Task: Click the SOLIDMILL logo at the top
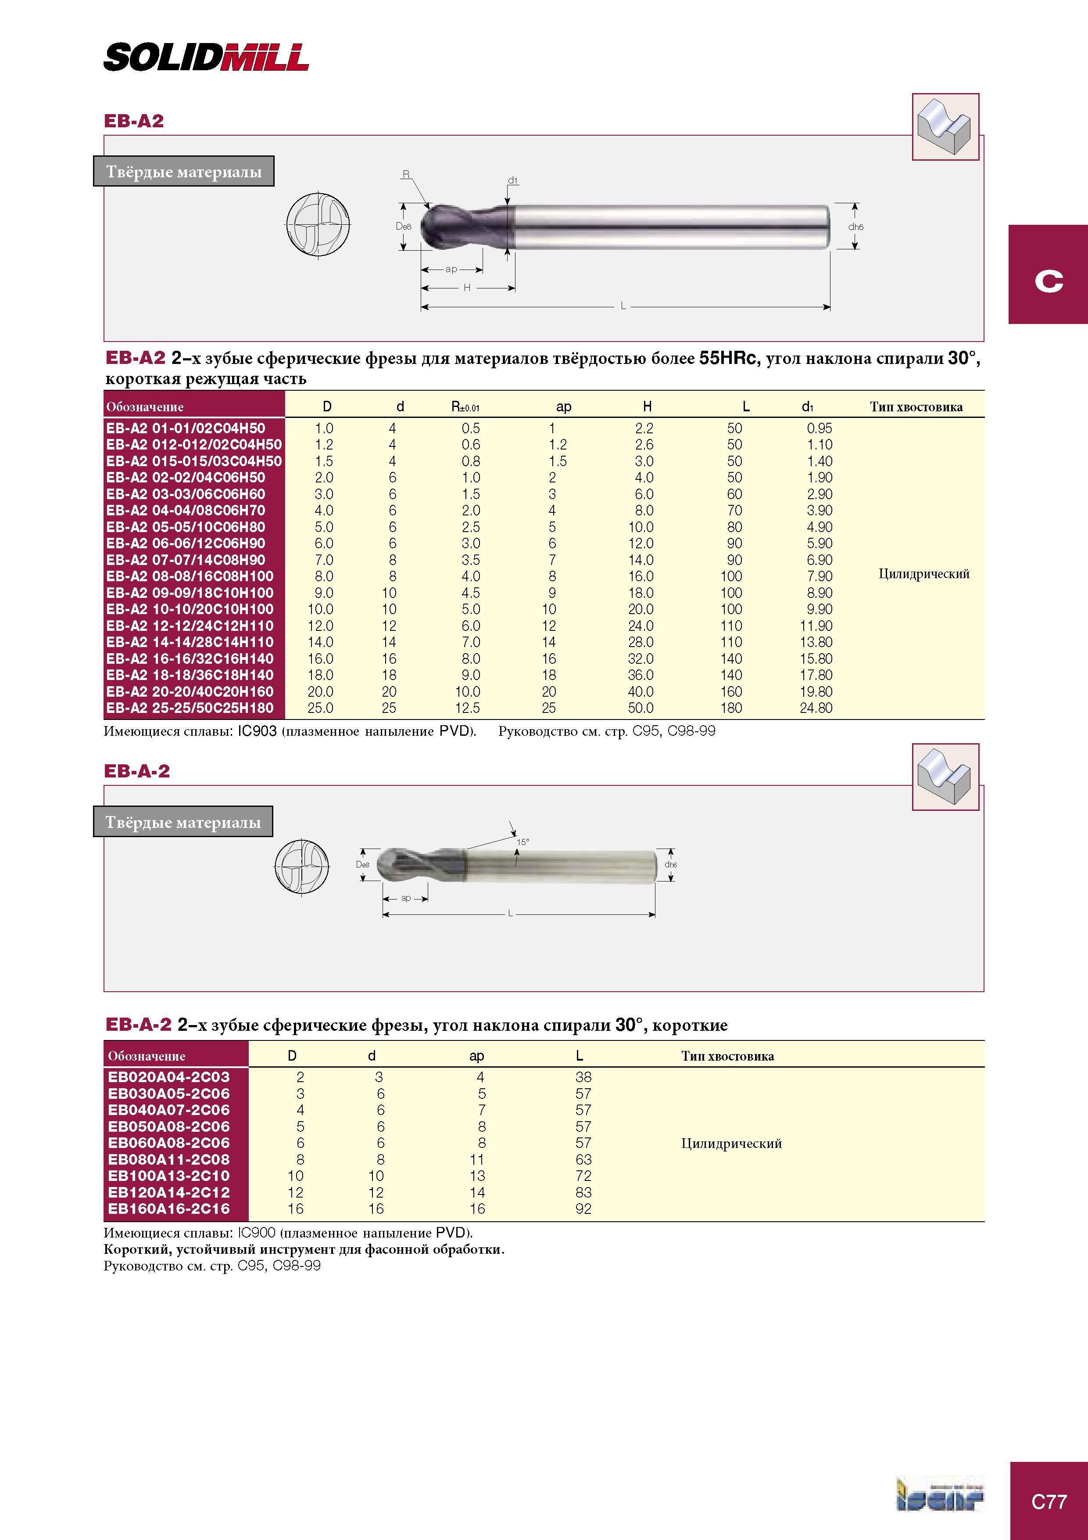206,57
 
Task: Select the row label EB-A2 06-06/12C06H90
186,543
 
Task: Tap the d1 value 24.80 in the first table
816,708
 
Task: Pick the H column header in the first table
647,407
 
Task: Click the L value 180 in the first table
731,708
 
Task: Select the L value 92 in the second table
583,1209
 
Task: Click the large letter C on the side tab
1049,281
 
